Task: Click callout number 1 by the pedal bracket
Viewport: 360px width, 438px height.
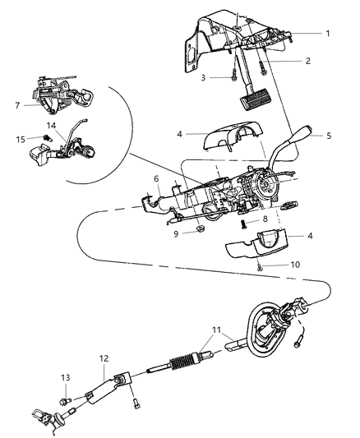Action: (327, 34)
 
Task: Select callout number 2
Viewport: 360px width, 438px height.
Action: (306, 60)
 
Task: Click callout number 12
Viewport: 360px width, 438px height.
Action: (103, 357)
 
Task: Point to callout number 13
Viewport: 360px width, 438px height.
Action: (67, 377)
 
